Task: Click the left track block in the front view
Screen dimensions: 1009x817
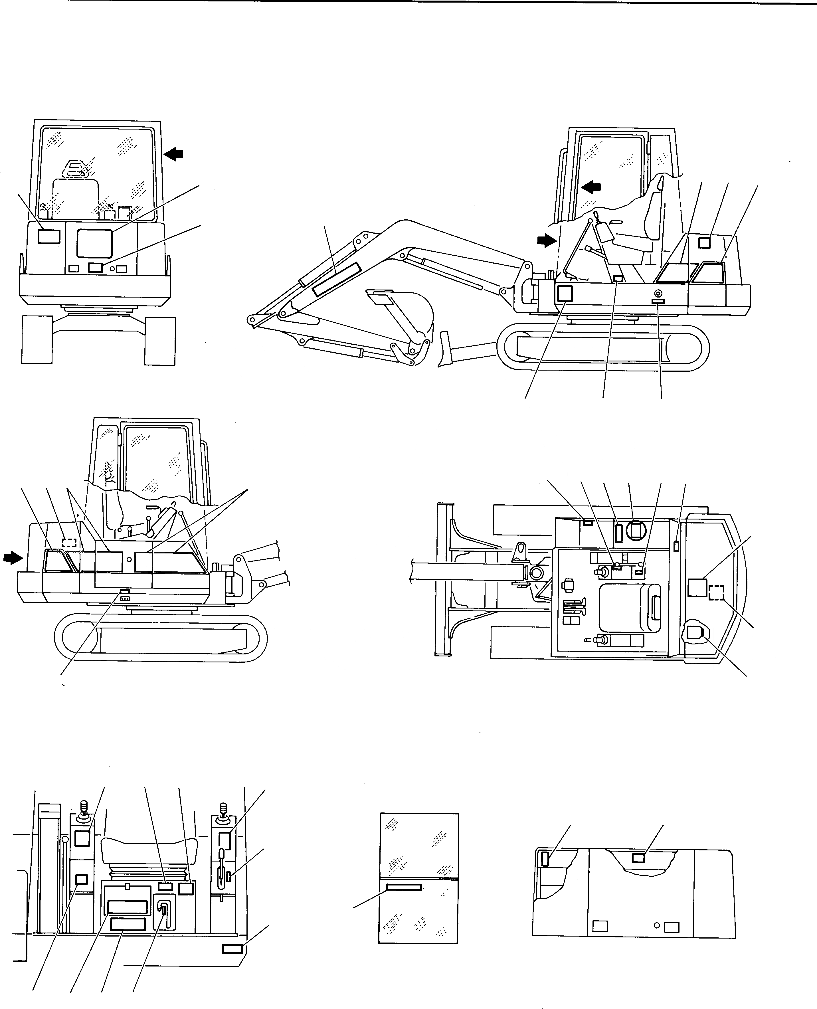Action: coord(37,340)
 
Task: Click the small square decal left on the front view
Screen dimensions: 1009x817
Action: coord(49,236)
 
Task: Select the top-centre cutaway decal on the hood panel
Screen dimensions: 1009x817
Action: coord(638,858)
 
